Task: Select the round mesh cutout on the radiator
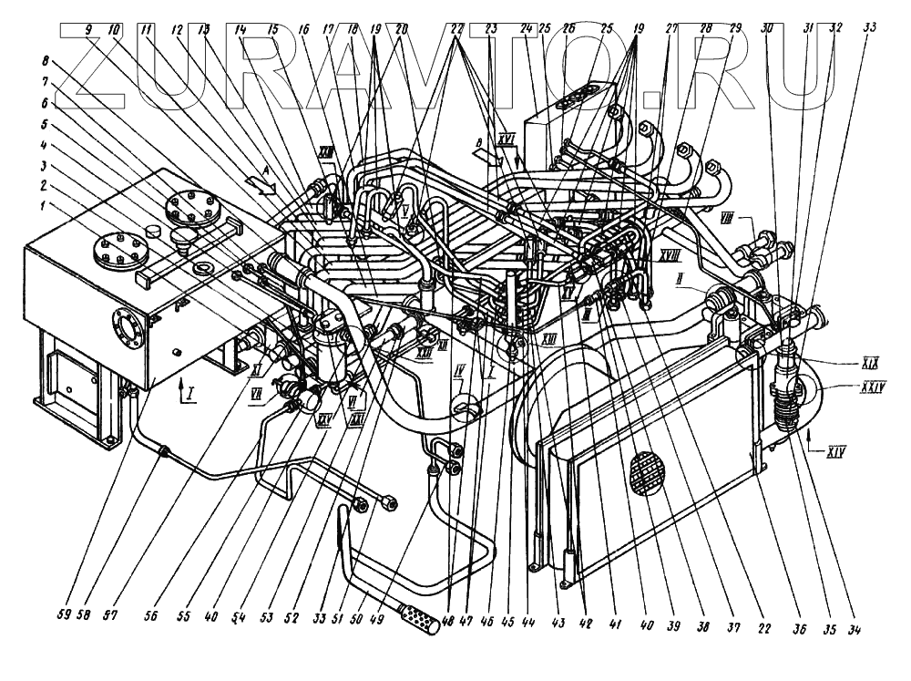click(648, 471)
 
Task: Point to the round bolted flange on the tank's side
click(126, 330)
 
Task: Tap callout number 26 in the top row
click(569, 28)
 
